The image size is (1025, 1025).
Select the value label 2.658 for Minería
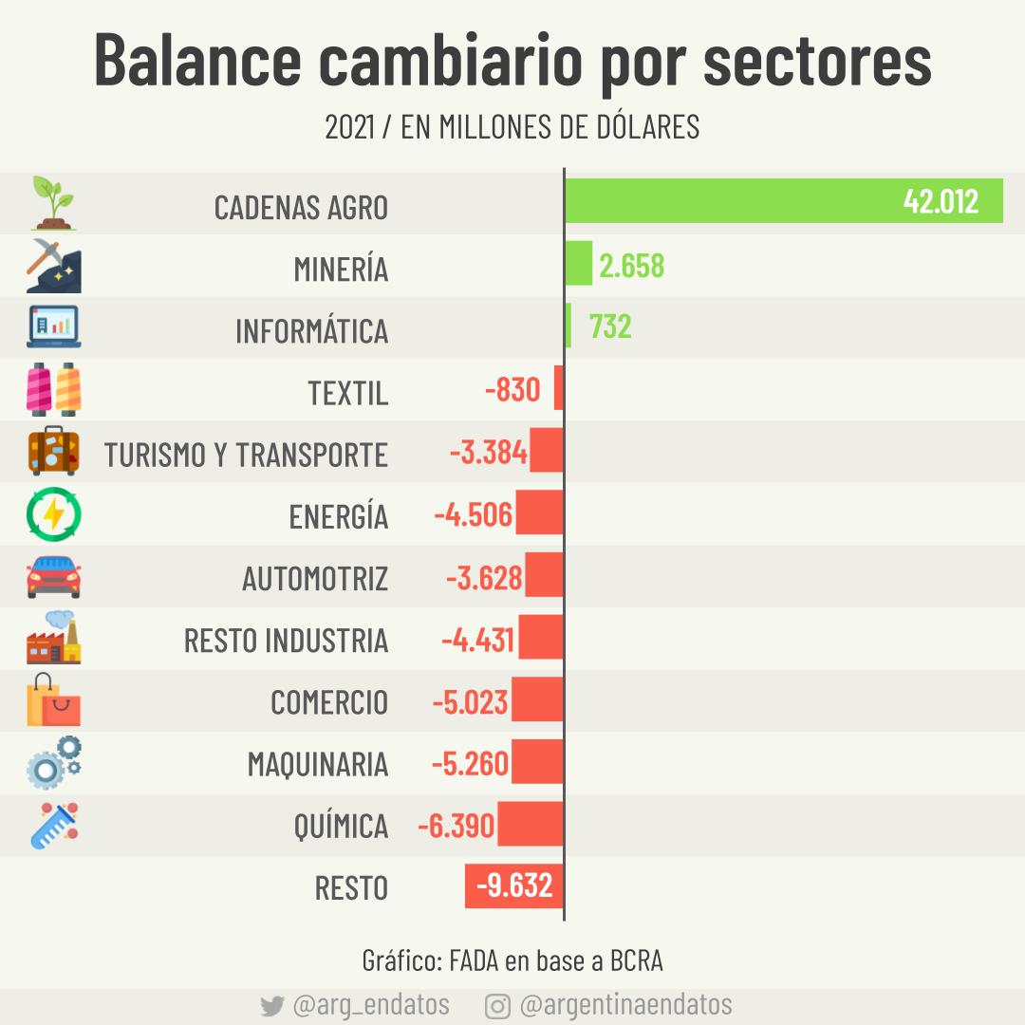631,266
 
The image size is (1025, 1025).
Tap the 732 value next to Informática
610,326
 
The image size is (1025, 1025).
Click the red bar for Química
530,824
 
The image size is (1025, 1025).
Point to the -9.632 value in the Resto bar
513,885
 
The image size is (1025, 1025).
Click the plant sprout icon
53,202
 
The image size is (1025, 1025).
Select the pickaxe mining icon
53,265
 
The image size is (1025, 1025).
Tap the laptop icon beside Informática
53,327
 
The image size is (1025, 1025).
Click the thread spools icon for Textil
53,389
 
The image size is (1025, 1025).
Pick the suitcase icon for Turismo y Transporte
53,452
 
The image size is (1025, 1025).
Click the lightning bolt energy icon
53,514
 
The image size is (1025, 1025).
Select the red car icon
53,577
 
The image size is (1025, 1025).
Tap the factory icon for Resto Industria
53,638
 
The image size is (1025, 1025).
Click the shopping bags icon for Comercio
53,700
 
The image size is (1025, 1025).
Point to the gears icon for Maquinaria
53,763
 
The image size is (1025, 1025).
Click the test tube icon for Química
53,825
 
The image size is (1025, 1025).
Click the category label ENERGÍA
339,516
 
